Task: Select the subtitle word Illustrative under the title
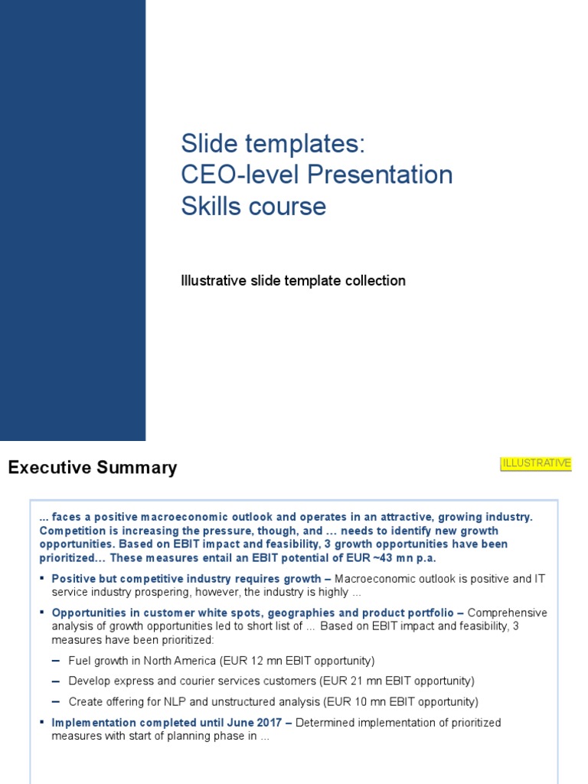click(214, 281)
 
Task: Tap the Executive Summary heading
click(92, 468)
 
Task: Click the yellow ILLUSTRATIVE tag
click(536, 463)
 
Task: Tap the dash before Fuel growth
click(57, 660)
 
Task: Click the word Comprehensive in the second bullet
click(508, 612)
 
